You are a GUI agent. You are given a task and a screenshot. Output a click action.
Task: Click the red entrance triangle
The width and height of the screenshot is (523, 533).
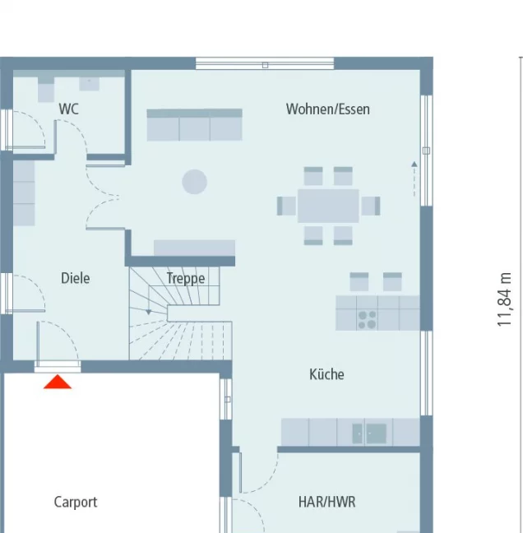[58, 382]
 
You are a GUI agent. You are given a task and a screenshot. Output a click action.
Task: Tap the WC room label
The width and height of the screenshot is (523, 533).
[68, 109]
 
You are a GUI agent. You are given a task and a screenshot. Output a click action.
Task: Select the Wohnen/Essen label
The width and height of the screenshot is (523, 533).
[327, 109]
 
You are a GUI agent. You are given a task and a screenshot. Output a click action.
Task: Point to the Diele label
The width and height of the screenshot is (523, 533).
[76, 278]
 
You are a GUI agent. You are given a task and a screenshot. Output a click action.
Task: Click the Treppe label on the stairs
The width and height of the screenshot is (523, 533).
[186, 278]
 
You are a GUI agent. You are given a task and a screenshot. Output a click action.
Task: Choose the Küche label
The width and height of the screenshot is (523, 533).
[326, 374]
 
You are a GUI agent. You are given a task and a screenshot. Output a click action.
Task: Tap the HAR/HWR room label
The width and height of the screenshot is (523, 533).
[327, 502]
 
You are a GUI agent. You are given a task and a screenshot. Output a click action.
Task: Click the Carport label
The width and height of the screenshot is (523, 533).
[76, 502]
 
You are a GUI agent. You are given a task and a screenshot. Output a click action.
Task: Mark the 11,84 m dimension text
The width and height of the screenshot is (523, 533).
[504, 299]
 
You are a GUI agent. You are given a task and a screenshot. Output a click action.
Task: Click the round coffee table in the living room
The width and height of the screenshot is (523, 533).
[194, 182]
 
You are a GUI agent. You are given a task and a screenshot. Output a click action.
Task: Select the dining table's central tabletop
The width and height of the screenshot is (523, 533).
[328, 206]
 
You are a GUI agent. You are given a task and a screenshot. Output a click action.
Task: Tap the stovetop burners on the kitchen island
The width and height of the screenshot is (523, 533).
[367, 320]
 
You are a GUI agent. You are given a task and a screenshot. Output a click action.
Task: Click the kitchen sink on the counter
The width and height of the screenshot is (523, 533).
[369, 433]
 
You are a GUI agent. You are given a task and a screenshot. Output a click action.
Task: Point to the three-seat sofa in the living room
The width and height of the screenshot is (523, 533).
[194, 125]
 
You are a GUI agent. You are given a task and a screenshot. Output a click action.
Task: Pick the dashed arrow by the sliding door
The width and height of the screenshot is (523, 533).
[414, 178]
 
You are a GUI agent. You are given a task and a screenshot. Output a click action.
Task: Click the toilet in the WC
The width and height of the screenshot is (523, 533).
[46, 90]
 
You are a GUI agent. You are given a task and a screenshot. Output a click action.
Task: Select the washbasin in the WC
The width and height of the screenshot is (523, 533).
[89, 84]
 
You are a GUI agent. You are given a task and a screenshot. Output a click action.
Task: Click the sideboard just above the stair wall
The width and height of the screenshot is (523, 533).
[194, 248]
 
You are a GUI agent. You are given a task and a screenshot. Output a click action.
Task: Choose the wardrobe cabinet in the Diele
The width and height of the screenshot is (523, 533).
[24, 193]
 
